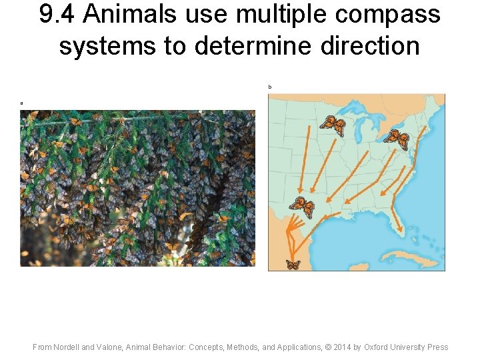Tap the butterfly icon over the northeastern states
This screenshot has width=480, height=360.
[397, 139]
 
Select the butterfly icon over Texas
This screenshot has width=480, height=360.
[302, 207]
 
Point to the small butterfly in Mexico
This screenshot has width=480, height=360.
[293, 265]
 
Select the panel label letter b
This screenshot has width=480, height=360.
[270, 87]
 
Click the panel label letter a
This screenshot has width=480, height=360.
[21, 103]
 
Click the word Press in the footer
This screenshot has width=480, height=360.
[437, 347]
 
